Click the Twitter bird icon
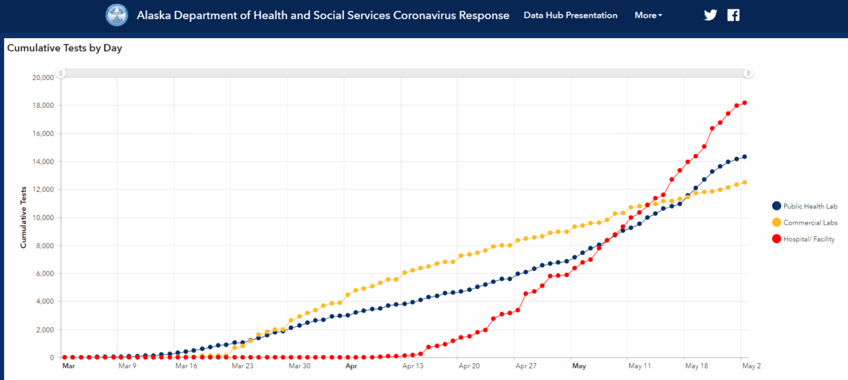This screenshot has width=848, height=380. (710, 15)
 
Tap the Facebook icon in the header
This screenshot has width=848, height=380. (733, 15)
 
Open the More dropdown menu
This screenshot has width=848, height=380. (648, 15)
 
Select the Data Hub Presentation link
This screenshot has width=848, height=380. (571, 15)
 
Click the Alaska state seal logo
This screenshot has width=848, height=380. (117, 15)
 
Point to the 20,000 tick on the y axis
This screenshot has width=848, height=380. (43, 77)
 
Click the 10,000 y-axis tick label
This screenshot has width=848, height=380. (43, 218)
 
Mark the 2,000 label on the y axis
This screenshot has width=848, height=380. (45, 330)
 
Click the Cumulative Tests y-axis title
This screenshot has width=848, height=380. (24, 217)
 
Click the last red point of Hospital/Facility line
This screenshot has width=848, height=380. (744, 103)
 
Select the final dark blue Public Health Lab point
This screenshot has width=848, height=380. (744, 157)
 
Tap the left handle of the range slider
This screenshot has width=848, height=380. (60, 73)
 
